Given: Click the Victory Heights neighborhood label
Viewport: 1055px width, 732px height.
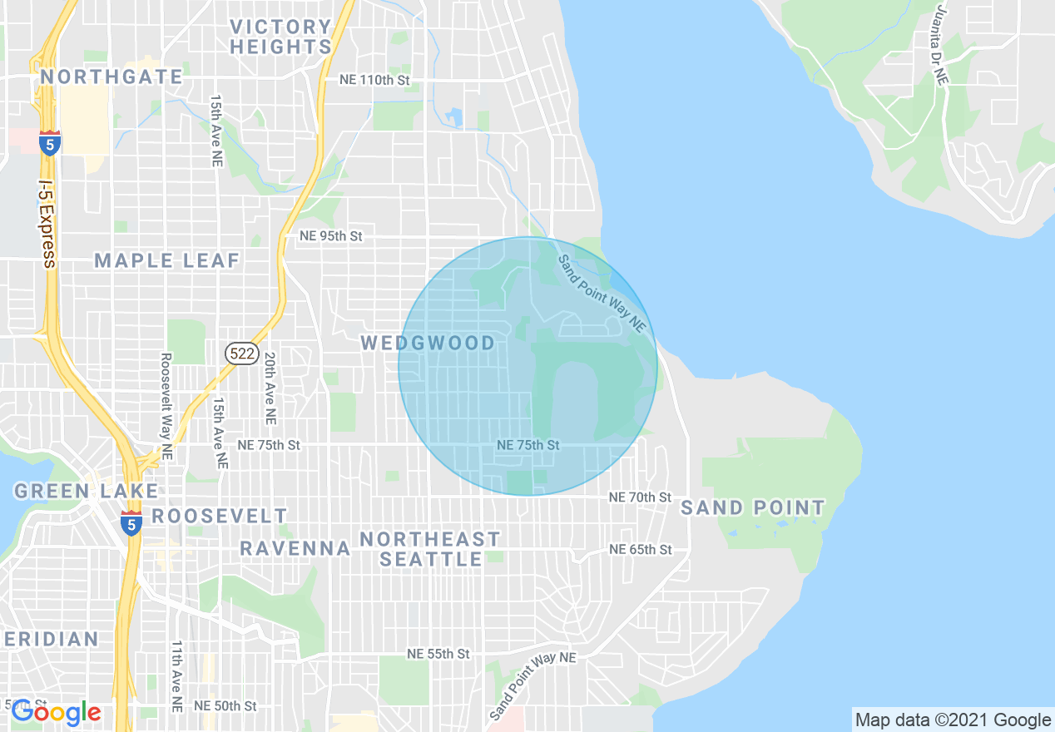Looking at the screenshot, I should (280, 37).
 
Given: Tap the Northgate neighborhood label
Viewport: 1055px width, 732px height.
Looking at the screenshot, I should (111, 77).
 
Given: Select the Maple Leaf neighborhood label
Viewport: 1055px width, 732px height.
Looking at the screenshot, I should (167, 260).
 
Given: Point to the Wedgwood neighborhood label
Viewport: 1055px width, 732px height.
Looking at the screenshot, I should (428, 343).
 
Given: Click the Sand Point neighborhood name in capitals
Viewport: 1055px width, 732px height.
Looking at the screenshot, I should (753, 507).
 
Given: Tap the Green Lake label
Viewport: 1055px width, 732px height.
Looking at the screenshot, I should (86, 491).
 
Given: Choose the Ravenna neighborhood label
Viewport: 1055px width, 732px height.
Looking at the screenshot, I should (295, 548).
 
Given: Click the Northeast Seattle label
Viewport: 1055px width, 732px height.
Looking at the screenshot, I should (430, 549).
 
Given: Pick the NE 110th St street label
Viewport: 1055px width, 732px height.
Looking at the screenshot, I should (375, 80).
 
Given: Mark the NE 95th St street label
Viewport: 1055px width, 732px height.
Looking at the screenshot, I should (331, 236).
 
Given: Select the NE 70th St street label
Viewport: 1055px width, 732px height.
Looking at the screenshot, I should (640, 497).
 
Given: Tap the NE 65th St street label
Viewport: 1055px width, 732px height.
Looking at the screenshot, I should (640, 550).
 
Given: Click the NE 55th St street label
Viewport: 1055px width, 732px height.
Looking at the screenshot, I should (438, 654).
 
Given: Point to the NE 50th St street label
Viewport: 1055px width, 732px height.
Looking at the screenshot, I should (225, 705).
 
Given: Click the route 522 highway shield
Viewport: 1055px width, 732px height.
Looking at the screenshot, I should (242, 354).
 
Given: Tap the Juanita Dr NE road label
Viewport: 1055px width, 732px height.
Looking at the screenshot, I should (941, 46).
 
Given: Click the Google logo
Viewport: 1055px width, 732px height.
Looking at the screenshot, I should (56, 712).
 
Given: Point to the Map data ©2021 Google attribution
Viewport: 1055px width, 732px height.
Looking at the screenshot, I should (953, 720).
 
